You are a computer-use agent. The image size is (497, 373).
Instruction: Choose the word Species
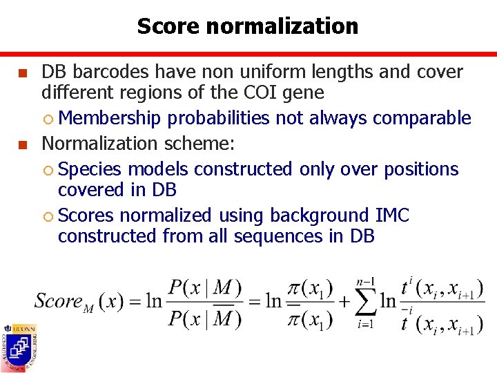click(89, 169)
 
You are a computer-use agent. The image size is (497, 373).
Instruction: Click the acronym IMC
click(393, 216)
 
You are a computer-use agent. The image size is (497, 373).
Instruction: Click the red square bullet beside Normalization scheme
click(23, 144)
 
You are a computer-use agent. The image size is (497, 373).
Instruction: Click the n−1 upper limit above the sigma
click(364, 281)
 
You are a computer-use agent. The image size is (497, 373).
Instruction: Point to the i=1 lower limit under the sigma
click(364, 325)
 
